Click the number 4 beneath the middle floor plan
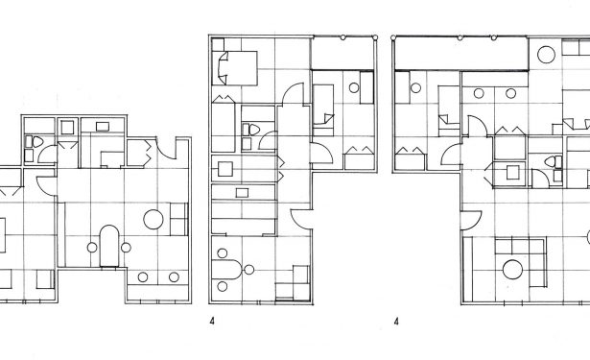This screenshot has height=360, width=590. point(212,322)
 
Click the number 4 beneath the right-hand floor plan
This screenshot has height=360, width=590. point(396,322)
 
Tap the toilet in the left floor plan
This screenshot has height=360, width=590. point(37,142)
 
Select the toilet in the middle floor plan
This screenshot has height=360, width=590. point(254,130)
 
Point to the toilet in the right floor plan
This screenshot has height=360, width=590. point(550,162)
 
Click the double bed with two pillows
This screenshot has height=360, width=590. point(235,68)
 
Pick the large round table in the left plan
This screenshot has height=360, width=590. point(153,219)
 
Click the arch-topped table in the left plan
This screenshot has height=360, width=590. point(109,247)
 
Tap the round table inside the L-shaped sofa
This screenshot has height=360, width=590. point(512,270)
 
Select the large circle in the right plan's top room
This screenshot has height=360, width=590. point(547,55)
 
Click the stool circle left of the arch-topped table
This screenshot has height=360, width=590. point(92,248)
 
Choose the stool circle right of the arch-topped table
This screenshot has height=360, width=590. point(126,248)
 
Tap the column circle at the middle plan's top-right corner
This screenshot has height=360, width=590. point(375,37)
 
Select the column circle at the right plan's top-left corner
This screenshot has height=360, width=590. point(393,37)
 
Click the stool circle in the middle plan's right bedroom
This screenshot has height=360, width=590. point(354,87)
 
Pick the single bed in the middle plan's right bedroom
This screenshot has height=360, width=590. point(323,110)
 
